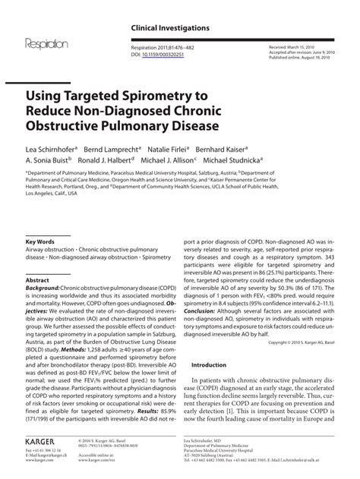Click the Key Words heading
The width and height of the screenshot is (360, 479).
[42, 242]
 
